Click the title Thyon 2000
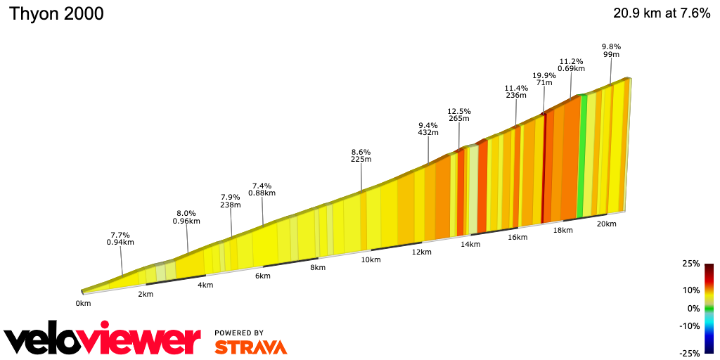(56, 14)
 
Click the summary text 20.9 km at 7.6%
(662, 13)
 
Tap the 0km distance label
(83, 304)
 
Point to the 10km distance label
(371, 260)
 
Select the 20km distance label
(606, 224)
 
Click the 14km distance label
(470, 245)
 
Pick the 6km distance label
(262, 276)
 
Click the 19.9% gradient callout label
(544, 79)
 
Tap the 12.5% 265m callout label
(458, 115)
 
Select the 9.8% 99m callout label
(610, 51)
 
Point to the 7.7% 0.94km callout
(120, 238)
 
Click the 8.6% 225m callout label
(361, 155)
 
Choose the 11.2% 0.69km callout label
(571, 65)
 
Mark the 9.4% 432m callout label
(428, 129)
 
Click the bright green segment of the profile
(581, 155)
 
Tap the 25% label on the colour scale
(691, 264)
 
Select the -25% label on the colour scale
(690, 354)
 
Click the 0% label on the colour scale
(693, 309)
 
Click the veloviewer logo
(103, 340)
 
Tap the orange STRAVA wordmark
(250, 347)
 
